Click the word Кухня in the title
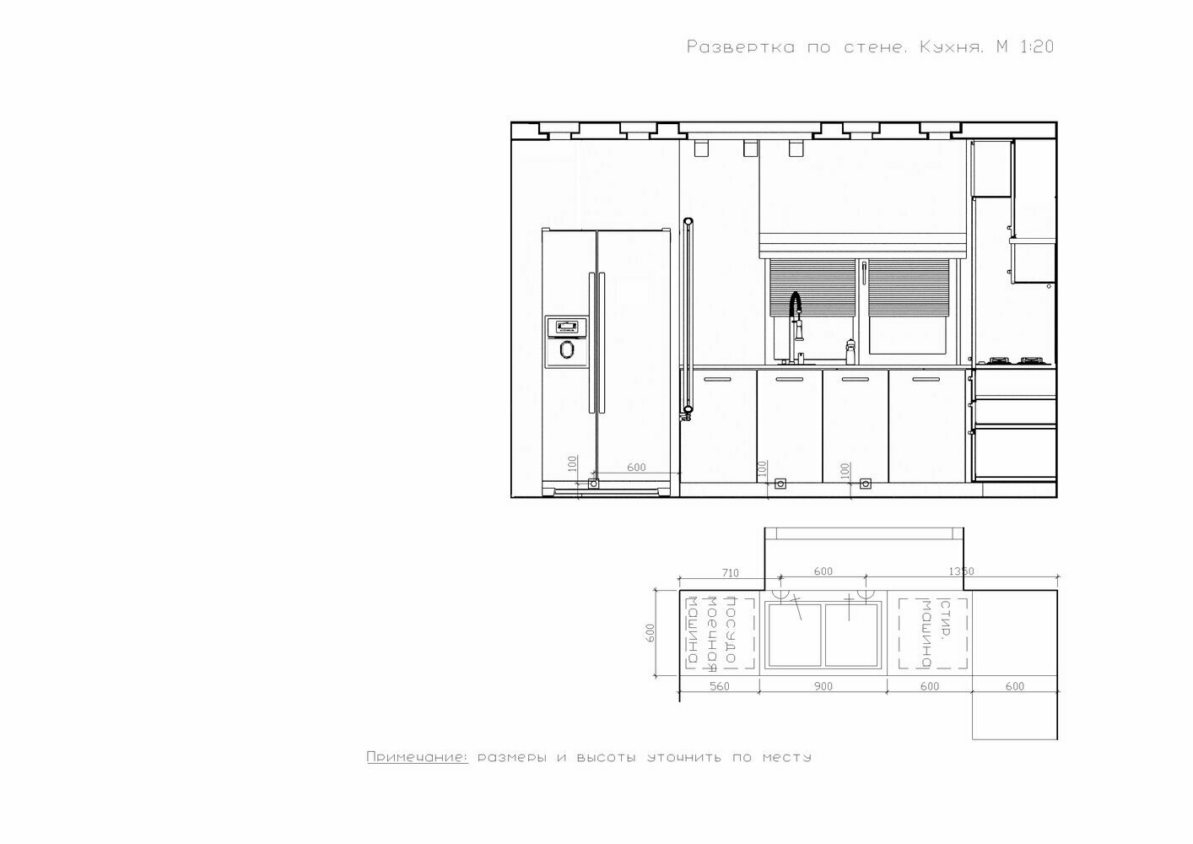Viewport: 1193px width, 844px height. pos(951,47)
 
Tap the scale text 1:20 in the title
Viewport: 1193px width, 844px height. pos(1036,47)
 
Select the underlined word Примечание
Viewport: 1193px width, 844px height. pos(417,756)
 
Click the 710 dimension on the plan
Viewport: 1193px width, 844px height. pos(730,573)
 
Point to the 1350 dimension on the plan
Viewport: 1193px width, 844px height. pos(961,571)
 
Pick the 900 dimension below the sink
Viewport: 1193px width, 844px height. pos(823,686)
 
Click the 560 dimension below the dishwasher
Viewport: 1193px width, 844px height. pos(719,686)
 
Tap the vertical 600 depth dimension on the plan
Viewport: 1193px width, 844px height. pos(650,633)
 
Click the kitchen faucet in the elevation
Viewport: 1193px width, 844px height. pos(796,327)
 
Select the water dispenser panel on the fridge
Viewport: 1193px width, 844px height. pos(566,342)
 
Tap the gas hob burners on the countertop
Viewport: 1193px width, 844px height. pos(1015,360)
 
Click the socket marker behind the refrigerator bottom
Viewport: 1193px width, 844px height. pos(593,484)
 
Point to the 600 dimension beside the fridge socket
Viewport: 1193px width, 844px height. pos(636,468)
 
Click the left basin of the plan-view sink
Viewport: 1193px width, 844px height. pos(794,636)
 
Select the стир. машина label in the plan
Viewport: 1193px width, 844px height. pos(936,634)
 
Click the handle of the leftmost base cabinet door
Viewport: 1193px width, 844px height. pos(717,379)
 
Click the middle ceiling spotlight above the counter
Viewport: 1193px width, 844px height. pos(750,149)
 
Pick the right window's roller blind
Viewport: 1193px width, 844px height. pos(909,288)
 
